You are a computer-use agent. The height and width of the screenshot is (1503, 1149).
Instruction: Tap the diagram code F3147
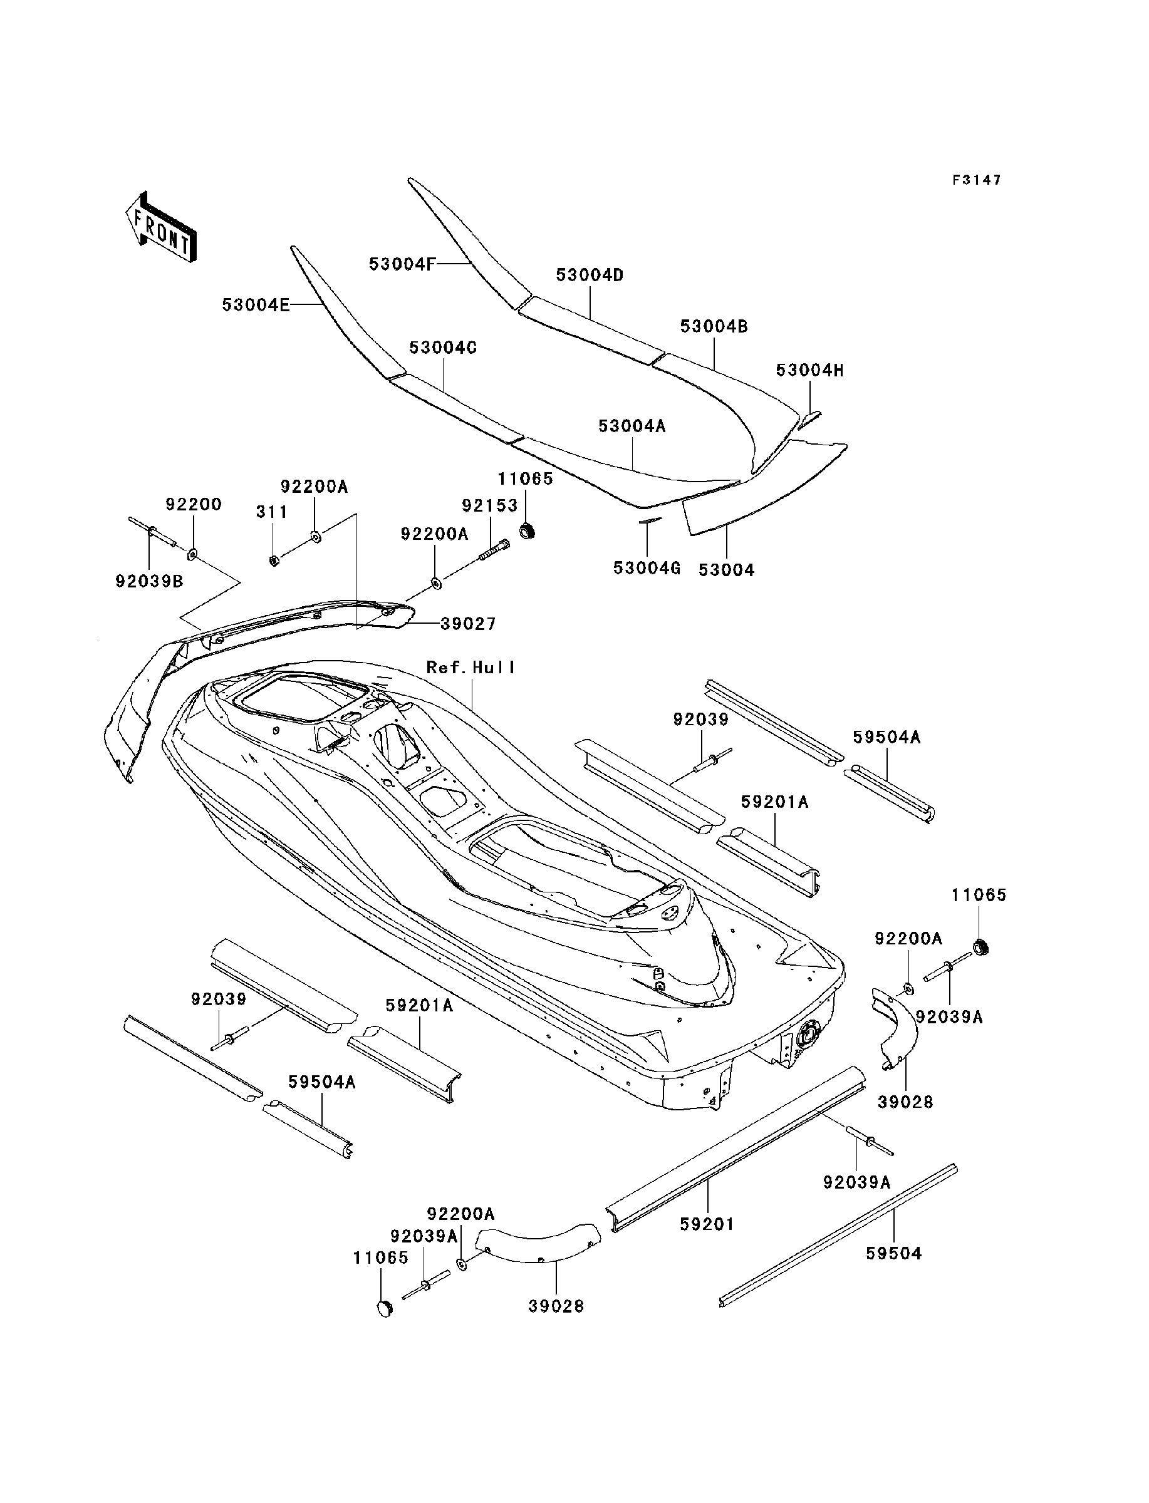pyautogui.click(x=977, y=180)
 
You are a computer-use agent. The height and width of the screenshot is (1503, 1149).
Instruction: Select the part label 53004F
pyautogui.click(x=402, y=264)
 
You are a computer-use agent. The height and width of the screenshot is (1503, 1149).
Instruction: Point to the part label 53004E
pyautogui.click(x=256, y=305)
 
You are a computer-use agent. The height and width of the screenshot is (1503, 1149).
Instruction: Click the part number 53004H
pyautogui.click(x=810, y=371)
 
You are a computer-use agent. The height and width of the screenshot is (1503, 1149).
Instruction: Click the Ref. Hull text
pyautogui.click(x=471, y=667)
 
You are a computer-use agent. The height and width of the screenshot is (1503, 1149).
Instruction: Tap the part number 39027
pyautogui.click(x=469, y=624)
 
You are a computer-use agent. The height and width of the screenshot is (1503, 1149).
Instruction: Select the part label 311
pyautogui.click(x=271, y=512)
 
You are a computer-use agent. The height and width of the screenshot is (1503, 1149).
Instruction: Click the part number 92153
pyautogui.click(x=490, y=506)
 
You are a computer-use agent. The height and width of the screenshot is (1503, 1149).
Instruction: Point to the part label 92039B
pyautogui.click(x=149, y=582)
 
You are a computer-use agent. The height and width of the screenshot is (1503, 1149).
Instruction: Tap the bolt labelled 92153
pyautogui.click(x=494, y=549)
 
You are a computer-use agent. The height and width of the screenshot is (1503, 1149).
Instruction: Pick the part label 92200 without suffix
pyautogui.click(x=194, y=504)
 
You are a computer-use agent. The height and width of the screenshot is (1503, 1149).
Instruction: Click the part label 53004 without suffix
pyautogui.click(x=726, y=570)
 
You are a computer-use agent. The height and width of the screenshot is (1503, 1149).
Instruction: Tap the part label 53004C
pyautogui.click(x=443, y=348)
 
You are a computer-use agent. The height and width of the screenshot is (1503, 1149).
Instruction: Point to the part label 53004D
pyautogui.click(x=590, y=276)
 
